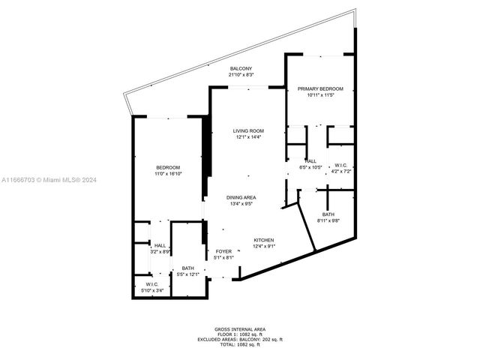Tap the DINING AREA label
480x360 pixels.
click(x=241, y=196)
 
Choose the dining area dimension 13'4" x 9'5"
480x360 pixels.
click(x=241, y=203)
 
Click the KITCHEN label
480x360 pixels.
click(x=263, y=240)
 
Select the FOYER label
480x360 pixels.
click(x=224, y=251)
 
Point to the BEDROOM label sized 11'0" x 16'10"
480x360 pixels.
click(x=168, y=167)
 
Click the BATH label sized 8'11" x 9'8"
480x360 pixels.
click(x=328, y=214)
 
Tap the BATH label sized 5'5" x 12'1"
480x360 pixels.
click(x=187, y=268)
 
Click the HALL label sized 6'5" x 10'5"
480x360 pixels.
click(x=310, y=160)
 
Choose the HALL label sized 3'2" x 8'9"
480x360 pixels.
click(x=160, y=245)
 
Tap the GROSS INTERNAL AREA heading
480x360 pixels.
click(x=240, y=328)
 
